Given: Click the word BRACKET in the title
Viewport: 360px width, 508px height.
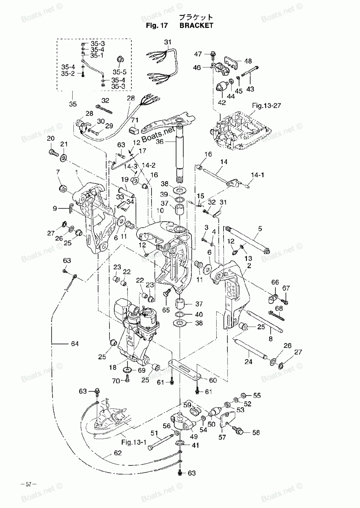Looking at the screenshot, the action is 196,26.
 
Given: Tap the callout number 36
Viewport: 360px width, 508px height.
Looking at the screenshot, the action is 160,141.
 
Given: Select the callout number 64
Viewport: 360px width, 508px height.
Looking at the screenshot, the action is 75,344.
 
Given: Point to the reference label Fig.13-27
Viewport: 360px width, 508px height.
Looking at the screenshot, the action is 266,105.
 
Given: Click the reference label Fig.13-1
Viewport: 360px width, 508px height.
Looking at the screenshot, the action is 134,442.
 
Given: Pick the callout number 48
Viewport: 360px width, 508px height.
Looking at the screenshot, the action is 248,61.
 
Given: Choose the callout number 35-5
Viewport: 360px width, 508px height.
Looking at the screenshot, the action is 120,72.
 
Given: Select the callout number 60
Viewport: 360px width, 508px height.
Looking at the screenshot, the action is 213,380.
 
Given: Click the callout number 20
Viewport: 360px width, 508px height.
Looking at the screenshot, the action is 51,139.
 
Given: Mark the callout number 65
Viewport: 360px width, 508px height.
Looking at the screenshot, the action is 166,310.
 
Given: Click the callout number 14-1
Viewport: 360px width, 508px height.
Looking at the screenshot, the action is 257,175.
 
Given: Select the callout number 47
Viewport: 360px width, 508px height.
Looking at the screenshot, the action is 198,54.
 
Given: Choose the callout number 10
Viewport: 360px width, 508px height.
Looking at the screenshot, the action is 160,210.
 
